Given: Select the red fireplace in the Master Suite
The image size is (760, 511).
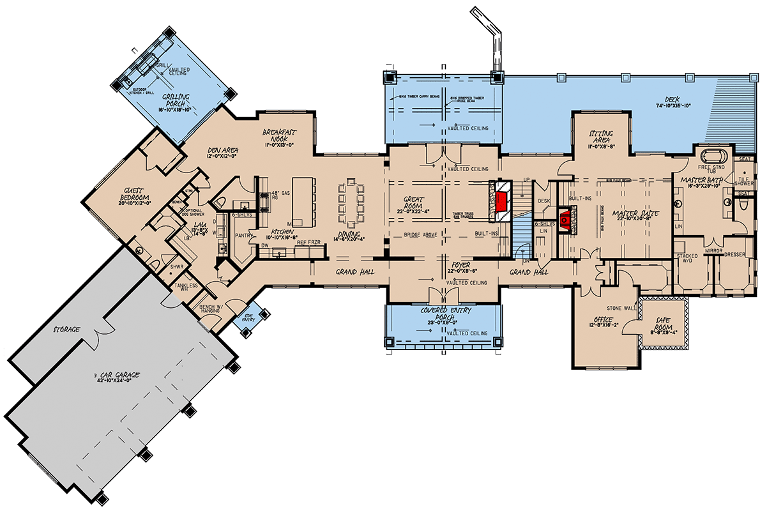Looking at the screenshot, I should [x=565, y=222].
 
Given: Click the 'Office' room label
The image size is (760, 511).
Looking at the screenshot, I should [x=603, y=321].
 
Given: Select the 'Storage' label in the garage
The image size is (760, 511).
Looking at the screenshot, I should [x=66, y=330].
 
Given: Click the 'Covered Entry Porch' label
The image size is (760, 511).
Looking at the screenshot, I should [x=441, y=313].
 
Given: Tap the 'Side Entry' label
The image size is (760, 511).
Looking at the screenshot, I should [x=247, y=318].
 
